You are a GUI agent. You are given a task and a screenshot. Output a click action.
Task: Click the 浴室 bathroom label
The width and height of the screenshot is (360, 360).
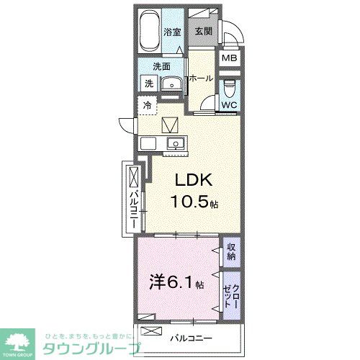tap(171, 32)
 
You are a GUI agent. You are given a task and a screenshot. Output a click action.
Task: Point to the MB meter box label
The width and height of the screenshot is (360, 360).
tap(228, 59)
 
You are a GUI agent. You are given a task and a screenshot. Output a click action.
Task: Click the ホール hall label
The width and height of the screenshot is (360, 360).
tap(201, 78)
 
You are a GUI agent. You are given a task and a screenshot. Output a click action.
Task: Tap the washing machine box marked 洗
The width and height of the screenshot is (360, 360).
tap(148, 83)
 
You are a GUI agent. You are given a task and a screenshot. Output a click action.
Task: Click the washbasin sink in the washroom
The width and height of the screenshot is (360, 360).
tap(171, 84)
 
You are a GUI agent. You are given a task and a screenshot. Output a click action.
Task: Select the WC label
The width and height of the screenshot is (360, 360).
tap(229, 105)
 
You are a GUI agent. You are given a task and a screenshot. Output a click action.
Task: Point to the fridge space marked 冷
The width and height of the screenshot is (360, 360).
tap(147, 105)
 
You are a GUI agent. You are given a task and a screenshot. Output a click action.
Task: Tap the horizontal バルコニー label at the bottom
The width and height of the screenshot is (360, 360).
tap(191, 337)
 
